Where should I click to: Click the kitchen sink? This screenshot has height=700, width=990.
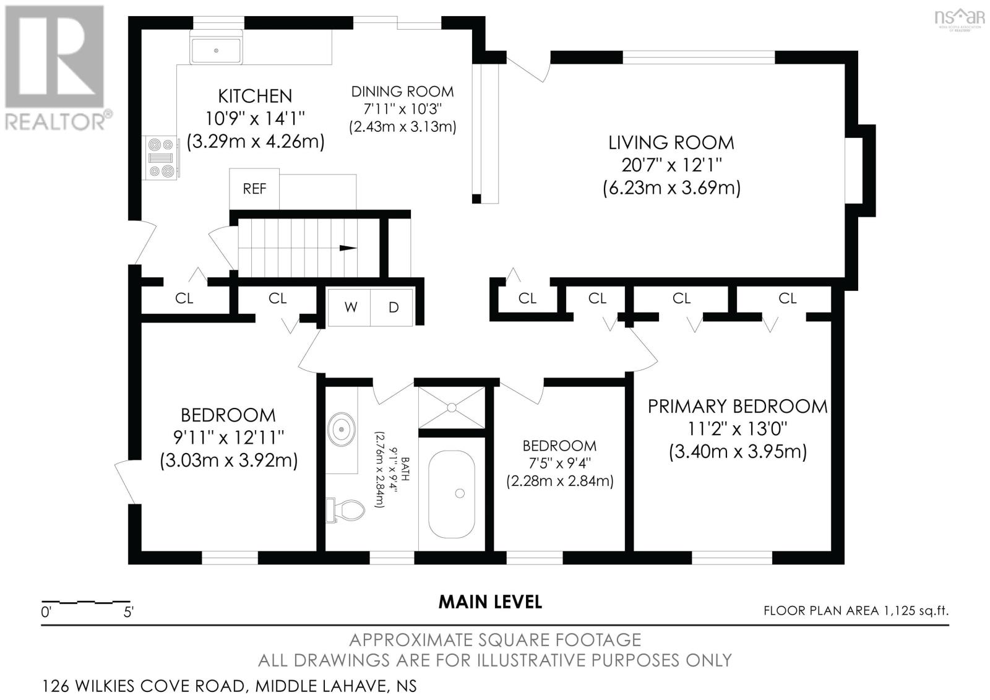[x=216, y=50]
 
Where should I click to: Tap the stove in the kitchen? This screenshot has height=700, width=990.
[x=161, y=158]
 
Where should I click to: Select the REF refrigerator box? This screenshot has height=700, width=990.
[x=254, y=189]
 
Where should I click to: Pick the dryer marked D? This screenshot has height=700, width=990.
[x=392, y=308]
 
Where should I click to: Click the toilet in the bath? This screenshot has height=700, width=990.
[x=345, y=510]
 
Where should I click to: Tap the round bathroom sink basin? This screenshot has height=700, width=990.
[x=341, y=428]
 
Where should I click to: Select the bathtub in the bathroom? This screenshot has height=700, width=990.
[x=452, y=494]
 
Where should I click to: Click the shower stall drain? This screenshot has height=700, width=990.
[x=452, y=407]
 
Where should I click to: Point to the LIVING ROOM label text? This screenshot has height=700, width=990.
[x=671, y=143]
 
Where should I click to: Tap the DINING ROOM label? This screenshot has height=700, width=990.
[x=402, y=92]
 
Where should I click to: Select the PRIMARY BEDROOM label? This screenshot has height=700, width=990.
[x=738, y=407]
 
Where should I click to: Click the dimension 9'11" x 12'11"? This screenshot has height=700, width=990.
[x=228, y=438]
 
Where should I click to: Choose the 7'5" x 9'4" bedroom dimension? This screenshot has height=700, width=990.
[x=559, y=464]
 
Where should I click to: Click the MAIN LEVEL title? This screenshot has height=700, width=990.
[x=490, y=602]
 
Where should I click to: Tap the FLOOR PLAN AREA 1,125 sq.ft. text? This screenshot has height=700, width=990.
[x=856, y=611]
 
